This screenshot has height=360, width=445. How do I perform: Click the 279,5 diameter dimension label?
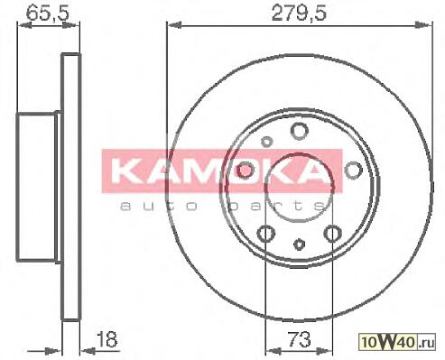[299, 14]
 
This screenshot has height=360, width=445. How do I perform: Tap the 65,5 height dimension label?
[48, 14]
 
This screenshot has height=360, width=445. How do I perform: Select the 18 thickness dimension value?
[107, 339]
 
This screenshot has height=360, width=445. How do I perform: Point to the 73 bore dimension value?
[299, 339]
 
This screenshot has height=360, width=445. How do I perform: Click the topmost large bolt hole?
[300, 131]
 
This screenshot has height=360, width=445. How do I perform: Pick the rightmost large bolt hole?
[353, 170]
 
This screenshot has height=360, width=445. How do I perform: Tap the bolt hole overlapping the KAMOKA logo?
[245, 171]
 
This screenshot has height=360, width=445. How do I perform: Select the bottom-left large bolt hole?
[266, 234]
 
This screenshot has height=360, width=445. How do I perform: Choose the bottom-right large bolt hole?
[333, 234]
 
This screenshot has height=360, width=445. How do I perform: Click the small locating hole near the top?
[266, 142]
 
